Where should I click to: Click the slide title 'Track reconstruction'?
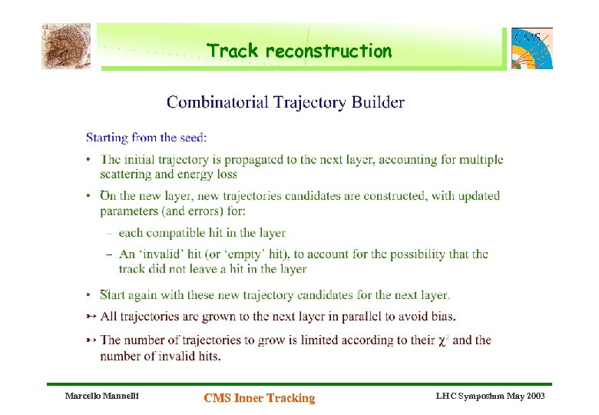(x=299, y=51)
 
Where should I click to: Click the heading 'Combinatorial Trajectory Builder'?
(x=286, y=102)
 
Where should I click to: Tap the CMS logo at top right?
(x=532, y=48)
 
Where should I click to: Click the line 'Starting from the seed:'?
(x=146, y=138)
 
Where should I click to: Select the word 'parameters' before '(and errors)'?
(x=130, y=211)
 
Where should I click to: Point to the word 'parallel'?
(x=367, y=316)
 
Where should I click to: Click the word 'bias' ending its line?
(x=442, y=316)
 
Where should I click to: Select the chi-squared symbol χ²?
(x=442, y=340)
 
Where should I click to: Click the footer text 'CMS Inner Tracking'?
(x=259, y=397)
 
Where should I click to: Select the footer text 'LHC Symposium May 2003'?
(x=490, y=396)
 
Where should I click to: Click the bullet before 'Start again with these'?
(x=90, y=295)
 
